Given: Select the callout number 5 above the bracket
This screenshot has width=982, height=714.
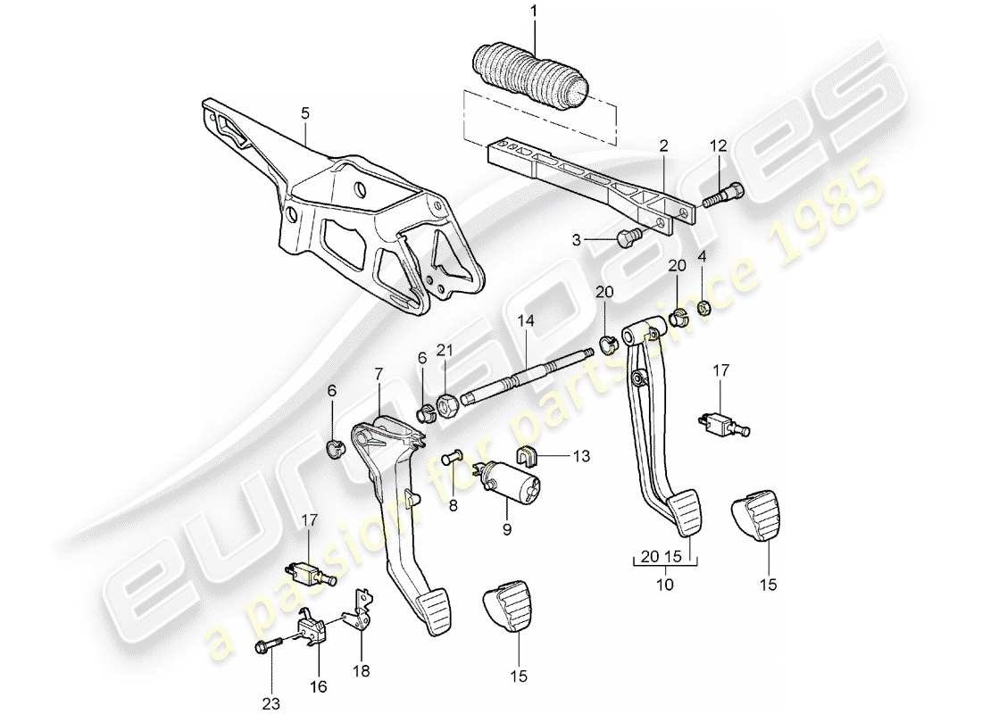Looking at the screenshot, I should click(304, 113).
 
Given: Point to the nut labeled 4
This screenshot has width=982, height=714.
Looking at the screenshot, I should click(703, 306).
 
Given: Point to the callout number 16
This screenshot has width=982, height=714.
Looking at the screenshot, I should click(319, 687).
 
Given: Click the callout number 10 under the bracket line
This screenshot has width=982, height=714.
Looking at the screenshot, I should click(665, 585).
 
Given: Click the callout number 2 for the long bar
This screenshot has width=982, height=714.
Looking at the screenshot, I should click(663, 144).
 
